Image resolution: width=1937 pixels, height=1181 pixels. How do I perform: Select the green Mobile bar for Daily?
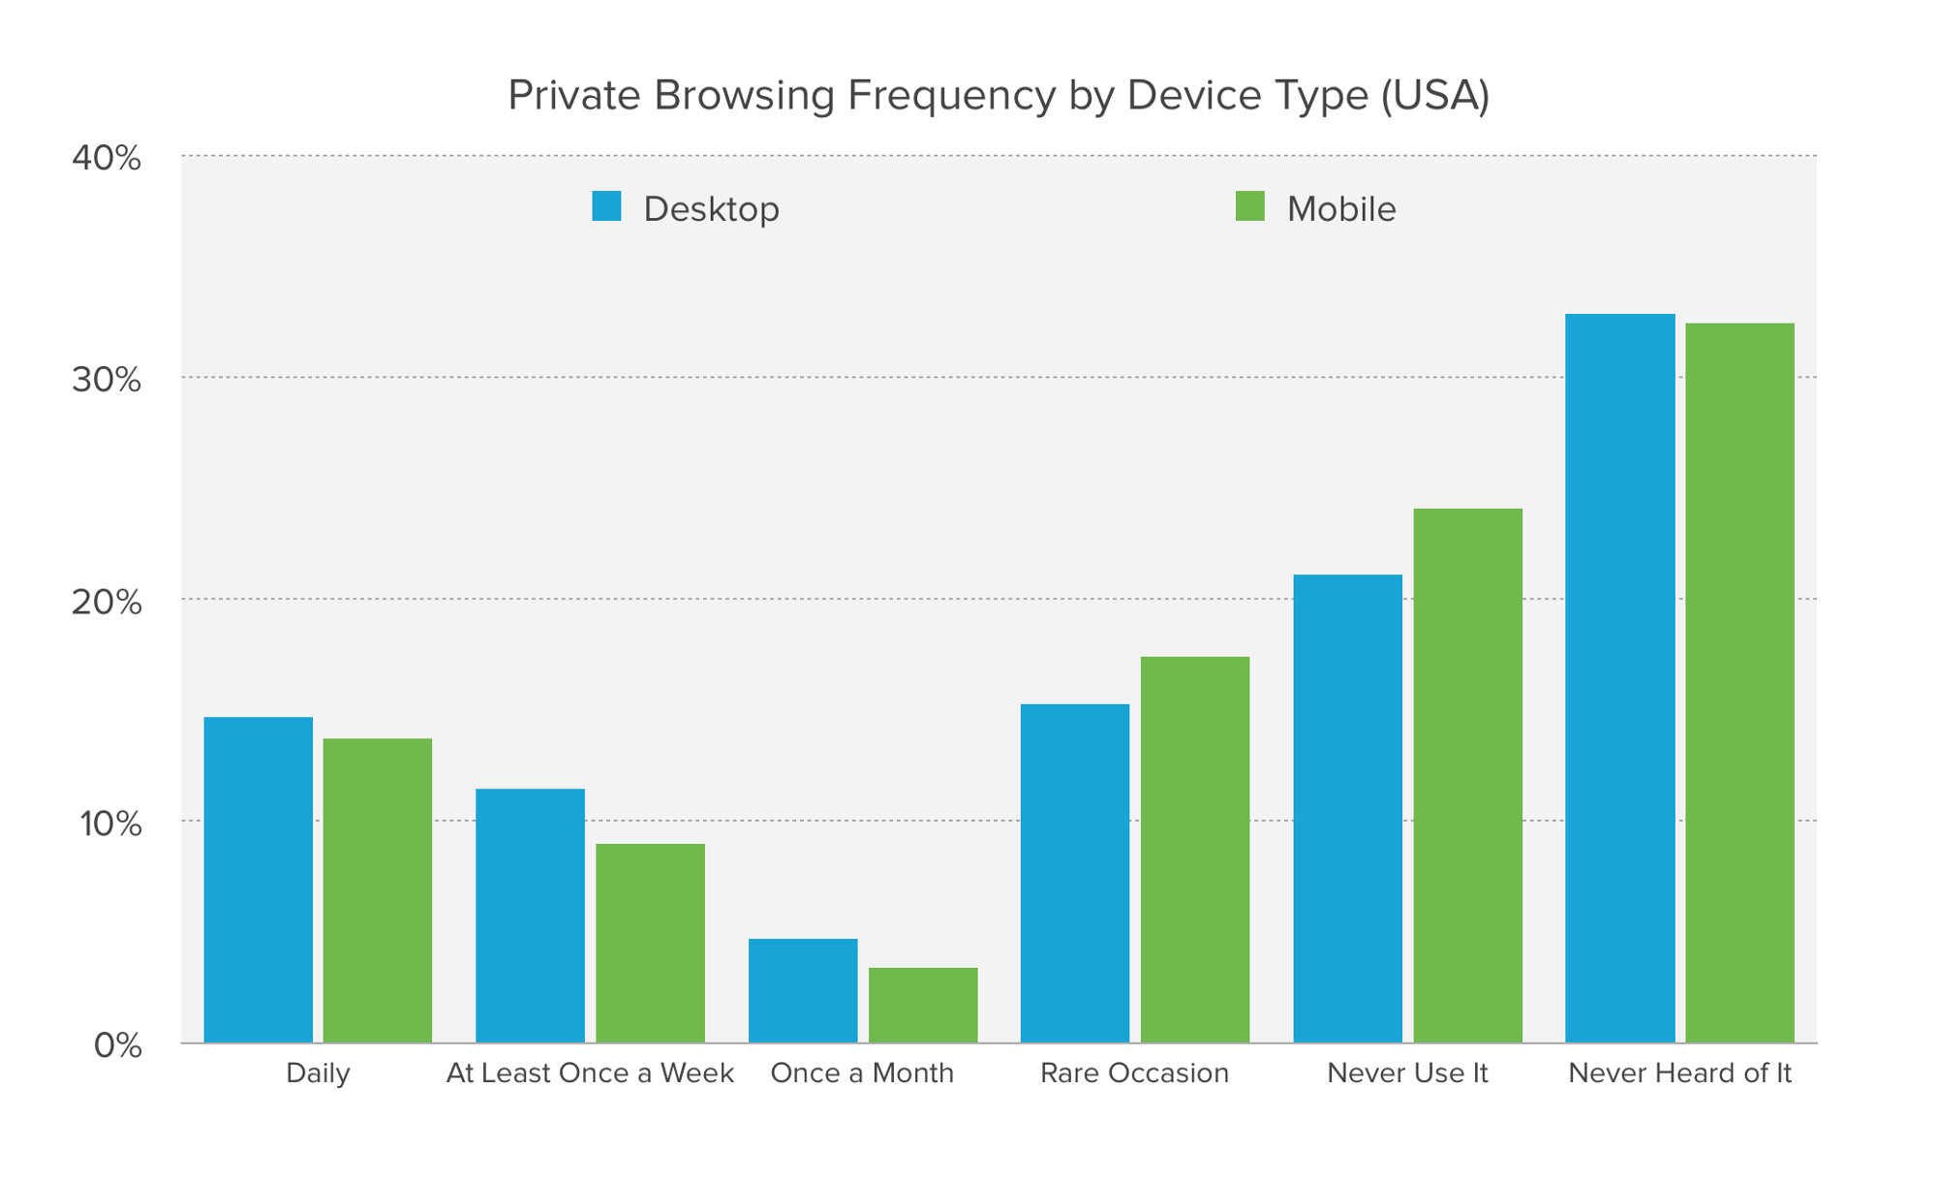click(378, 890)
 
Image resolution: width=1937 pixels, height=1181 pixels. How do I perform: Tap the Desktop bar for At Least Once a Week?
click(531, 916)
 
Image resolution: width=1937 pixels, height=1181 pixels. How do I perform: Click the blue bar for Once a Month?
click(803, 990)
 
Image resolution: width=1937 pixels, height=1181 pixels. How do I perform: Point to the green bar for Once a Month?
click(923, 1005)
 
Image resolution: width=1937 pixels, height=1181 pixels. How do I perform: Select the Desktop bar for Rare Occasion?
click(1075, 873)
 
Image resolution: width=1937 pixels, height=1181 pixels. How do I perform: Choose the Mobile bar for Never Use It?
click(1467, 775)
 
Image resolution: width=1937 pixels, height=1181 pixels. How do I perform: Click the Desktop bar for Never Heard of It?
click(1619, 678)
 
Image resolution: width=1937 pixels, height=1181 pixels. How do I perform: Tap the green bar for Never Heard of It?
click(1739, 683)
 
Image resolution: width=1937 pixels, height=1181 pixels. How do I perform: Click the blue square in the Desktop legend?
click(606, 206)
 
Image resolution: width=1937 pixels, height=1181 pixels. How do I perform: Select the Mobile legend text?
click(1340, 209)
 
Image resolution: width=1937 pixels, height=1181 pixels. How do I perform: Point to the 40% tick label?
click(107, 158)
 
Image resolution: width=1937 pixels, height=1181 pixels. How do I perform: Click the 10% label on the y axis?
click(110, 824)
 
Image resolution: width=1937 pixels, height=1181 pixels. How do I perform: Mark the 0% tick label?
click(117, 1045)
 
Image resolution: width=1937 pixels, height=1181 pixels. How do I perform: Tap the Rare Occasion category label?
click(1134, 1073)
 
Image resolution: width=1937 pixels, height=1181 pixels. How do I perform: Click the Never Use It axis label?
click(1406, 1073)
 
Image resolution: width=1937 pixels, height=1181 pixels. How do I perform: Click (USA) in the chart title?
click(1435, 95)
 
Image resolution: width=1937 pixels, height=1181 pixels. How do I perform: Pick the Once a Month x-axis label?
click(862, 1073)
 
